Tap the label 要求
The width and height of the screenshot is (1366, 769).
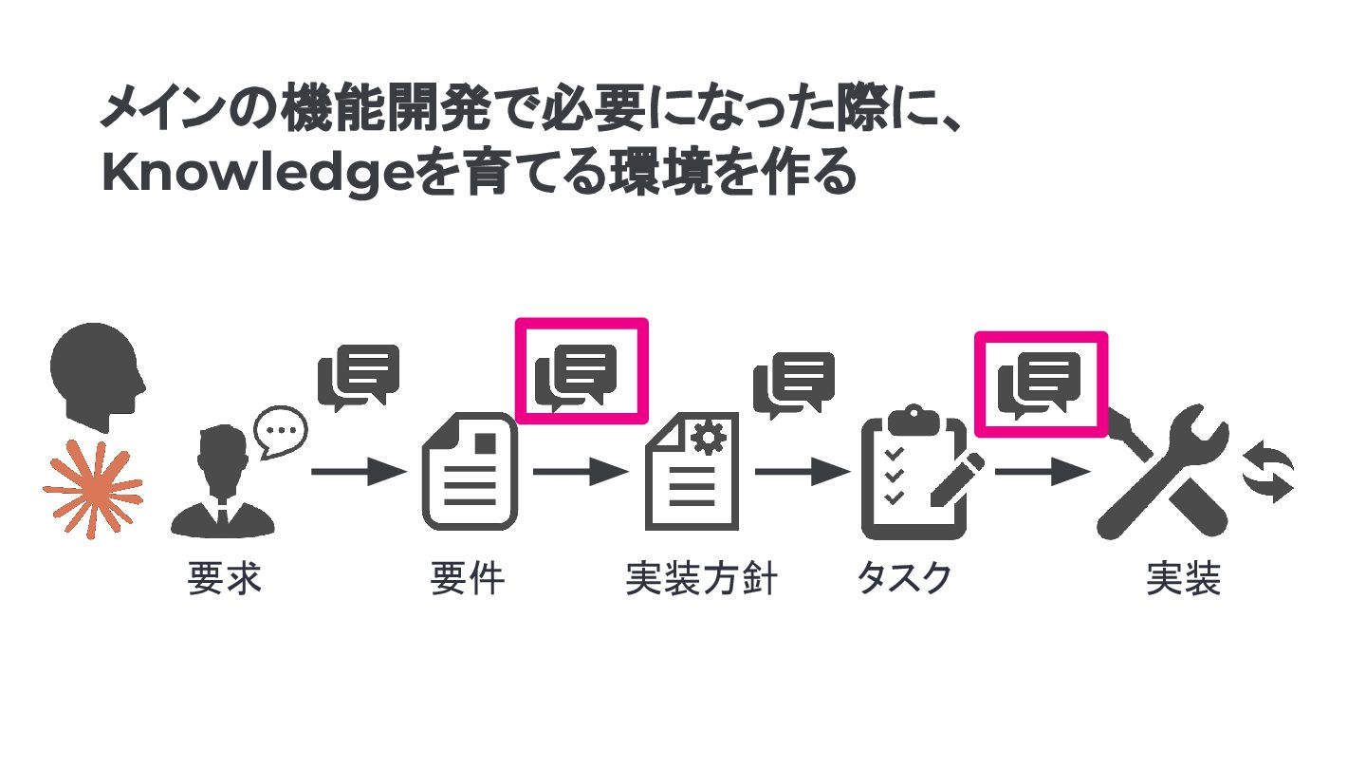[x=225, y=578]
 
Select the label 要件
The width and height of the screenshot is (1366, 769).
[x=468, y=578]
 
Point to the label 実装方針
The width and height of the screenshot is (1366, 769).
[x=702, y=578]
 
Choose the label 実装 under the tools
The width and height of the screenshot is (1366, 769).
[x=1183, y=578]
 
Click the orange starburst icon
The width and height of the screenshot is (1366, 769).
[x=92, y=490]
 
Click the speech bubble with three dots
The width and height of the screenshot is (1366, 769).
[x=281, y=432]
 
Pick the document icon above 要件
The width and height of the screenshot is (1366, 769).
[x=470, y=471]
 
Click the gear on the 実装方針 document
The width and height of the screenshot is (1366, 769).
[x=708, y=438]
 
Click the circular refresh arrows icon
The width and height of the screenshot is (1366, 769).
[x=1269, y=471]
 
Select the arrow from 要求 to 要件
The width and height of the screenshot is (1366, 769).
[x=358, y=471]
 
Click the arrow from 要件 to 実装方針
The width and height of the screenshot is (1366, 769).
[x=581, y=471]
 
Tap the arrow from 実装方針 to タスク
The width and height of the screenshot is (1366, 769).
[x=803, y=471]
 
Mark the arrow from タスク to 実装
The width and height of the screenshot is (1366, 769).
[x=1042, y=471]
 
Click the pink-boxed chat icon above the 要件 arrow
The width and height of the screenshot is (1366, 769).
[x=581, y=370]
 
